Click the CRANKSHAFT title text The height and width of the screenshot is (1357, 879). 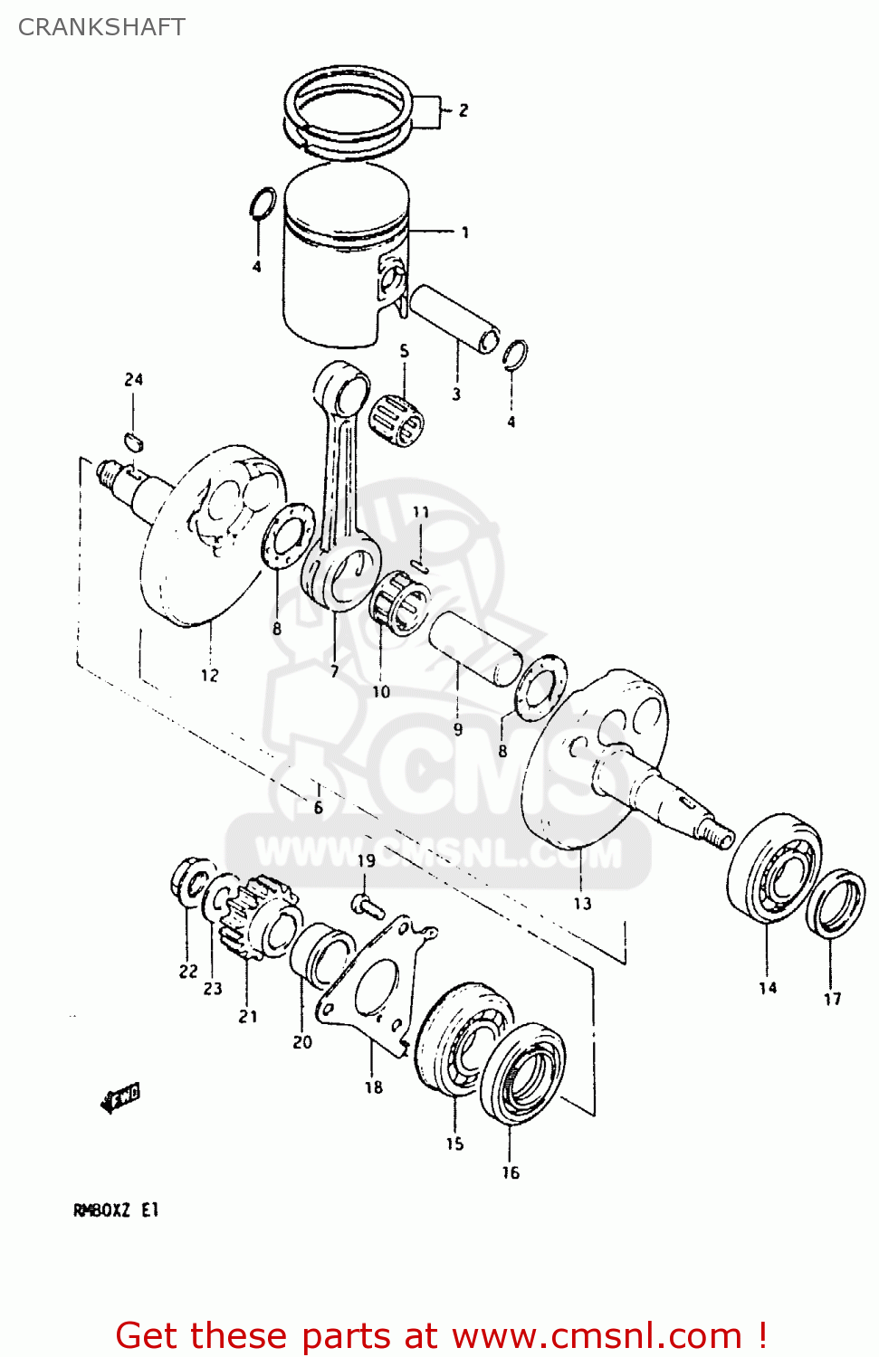101,27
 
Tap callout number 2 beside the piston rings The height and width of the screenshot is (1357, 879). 463,110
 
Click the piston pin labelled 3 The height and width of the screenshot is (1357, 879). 453,319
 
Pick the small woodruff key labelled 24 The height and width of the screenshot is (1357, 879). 134,441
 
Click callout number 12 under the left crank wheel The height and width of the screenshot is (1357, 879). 210,675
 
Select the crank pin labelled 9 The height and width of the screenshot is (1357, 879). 474,648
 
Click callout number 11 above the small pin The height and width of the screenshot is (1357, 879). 421,512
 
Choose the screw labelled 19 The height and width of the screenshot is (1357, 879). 367,902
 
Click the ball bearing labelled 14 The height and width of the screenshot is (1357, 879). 775,868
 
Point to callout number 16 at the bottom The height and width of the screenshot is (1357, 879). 511,1172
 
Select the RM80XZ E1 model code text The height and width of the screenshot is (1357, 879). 116,1210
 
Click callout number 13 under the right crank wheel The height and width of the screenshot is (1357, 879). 582,903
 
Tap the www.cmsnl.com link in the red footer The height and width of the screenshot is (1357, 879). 597,1335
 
